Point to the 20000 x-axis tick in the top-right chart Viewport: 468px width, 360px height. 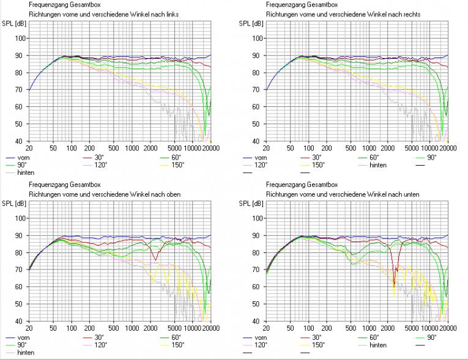click(x=447, y=149)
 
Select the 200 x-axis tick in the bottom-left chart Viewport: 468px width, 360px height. click(x=89, y=329)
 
